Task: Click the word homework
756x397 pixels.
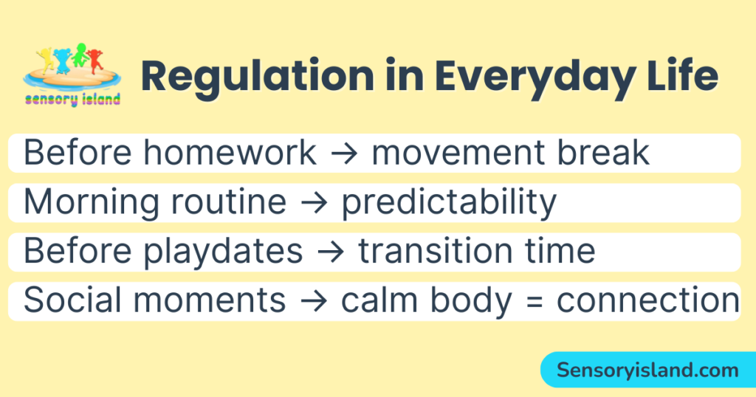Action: [x=230, y=153]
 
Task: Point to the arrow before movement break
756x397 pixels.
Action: [x=344, y=153]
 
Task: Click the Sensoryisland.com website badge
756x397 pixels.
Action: [x=647, y=370]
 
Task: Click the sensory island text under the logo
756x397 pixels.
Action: [x=72, y=100]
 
